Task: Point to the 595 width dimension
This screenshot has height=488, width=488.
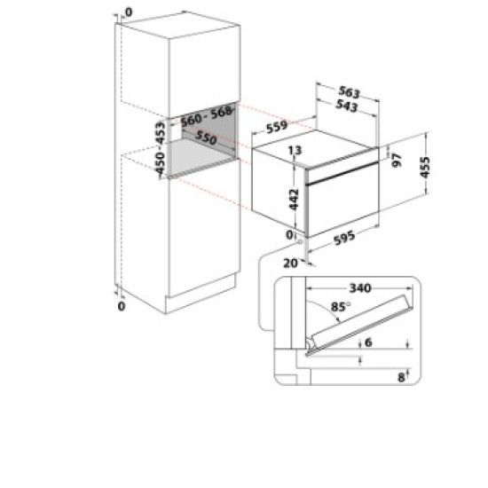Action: (345, 238)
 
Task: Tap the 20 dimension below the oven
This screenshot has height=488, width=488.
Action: (290, 263)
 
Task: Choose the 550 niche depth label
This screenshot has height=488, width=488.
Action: (207, 140)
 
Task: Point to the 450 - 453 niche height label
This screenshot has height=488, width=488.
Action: (161, 147)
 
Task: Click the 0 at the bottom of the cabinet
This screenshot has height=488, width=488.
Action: (122, 306)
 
